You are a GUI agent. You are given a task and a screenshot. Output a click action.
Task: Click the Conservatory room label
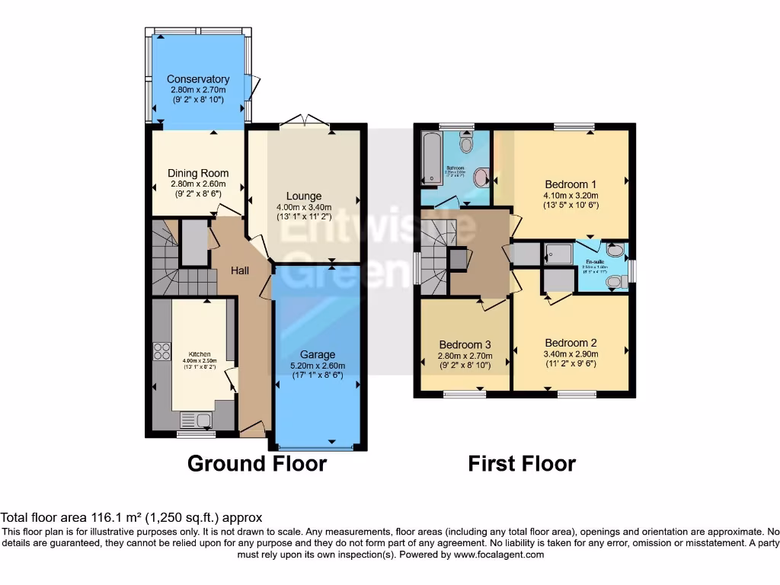[198, 79]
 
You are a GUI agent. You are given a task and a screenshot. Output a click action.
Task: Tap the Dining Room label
[198, 173]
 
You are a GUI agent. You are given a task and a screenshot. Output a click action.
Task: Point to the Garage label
[318, 354]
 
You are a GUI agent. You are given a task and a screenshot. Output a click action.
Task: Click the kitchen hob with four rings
[162, 350]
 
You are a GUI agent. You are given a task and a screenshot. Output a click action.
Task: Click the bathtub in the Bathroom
[432, 158]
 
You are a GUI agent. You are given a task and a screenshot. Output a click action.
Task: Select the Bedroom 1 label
[571, 184]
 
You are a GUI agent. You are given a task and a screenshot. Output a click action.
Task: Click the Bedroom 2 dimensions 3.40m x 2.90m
[571, 353]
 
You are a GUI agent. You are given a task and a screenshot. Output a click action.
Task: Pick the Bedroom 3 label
[465, 344]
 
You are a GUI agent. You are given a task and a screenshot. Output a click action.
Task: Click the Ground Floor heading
[257, 463]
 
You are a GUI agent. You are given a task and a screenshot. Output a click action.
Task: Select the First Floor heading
[522, 463]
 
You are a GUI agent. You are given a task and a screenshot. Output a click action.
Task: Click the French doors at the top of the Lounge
[304, 120]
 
